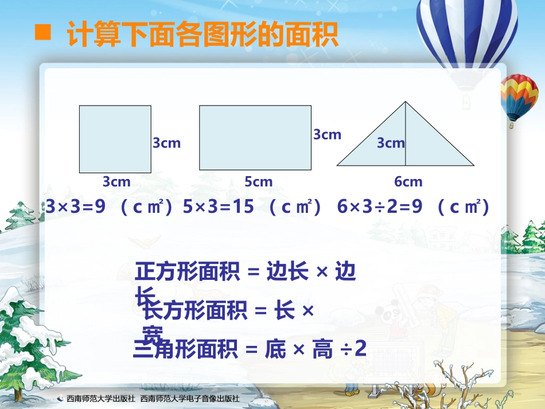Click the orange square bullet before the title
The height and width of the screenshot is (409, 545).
tap(43, 33)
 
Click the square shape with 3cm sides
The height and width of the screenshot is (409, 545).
tap(115, 139)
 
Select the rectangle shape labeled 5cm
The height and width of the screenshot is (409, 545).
tap(255, 138)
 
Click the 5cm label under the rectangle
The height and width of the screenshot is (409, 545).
tap(259, 182)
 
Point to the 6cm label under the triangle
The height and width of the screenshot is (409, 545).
tap(408, 182)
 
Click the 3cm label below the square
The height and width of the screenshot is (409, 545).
tap(116, 182)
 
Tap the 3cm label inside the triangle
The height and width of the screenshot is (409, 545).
tap(391, 143)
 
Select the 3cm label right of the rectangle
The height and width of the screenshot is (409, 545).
tap(327, 135)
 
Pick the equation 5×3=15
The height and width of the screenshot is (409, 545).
tap(219, 207)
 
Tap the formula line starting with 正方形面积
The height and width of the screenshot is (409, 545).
tap(246, 272)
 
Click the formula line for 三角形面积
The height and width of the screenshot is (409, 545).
tap(250, 349)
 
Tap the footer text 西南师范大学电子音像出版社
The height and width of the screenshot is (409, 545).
tap(189, 398)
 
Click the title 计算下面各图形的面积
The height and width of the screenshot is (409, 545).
tap(202, 34)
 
